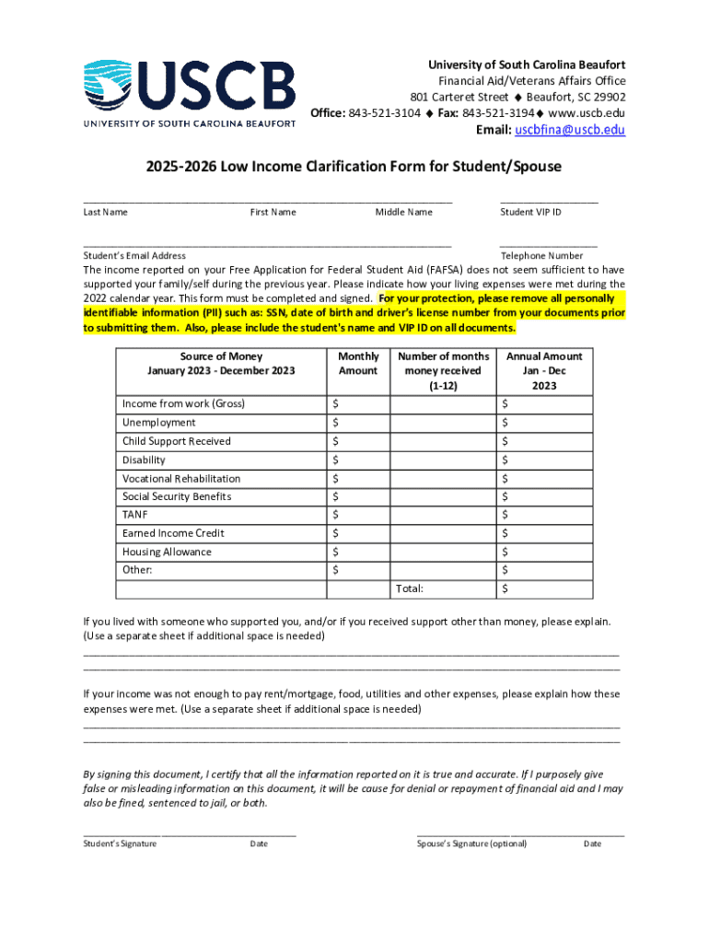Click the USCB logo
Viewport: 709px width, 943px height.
(x=190, y=93)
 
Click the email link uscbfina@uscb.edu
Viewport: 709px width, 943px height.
(x=570, y=130)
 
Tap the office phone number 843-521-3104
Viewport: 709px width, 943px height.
(x=385, y=113)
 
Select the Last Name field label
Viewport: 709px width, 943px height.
(x=105, y=213)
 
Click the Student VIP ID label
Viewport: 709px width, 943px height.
(x=530, y=213)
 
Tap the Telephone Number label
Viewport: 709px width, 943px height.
(x=541, y=256)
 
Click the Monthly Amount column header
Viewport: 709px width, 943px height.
(x=358, y=364)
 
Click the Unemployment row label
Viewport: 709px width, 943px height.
(x=159, y=423)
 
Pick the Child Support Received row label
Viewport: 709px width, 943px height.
(x=177, y=441)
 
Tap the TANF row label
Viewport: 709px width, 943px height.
(x=135, y=515)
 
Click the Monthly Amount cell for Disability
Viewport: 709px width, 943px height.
(x=358, y=460)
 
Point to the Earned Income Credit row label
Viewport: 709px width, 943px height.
(x=173, y=533)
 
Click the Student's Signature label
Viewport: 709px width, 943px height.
(x=120, y=844)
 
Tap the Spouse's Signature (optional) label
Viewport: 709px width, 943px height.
(x=471, y=844)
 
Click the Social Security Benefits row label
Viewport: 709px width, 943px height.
(x=177, y=496)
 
